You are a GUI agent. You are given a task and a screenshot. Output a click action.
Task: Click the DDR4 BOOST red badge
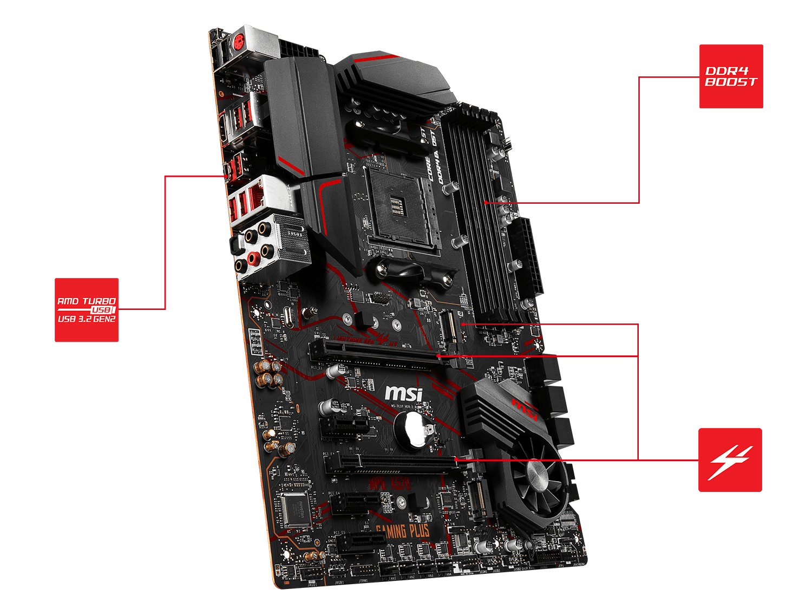pos(731,76)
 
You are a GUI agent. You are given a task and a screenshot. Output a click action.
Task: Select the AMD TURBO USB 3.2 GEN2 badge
pos(87,310)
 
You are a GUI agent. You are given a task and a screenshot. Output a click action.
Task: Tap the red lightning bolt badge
pos(730,460)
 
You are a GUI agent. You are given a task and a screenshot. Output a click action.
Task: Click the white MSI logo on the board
pos(404,393)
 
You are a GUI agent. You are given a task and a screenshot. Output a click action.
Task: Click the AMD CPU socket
pos(401,209)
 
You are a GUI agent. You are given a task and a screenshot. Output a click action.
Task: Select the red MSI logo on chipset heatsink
pos(524,409)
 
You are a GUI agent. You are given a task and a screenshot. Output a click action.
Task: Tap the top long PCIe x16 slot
pos(379,353)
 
